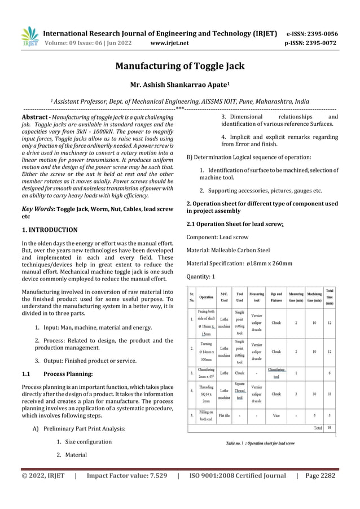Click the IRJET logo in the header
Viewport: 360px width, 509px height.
29,37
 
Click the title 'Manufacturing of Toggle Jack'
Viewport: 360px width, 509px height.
179,66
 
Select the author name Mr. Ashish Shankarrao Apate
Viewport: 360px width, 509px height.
179,86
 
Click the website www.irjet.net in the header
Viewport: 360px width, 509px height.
169,42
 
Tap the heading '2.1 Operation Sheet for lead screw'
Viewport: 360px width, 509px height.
243,224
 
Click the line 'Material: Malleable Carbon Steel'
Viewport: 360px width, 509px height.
228,250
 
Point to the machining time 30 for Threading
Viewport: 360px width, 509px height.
313,394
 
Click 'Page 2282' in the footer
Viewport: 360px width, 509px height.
319,476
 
